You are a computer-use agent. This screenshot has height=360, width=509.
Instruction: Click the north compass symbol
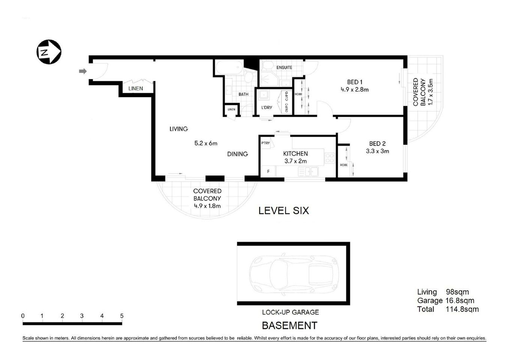coord(48,52)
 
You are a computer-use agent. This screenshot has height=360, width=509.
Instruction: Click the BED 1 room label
coord(355,82)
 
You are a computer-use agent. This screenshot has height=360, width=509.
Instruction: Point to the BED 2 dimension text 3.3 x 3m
coord(377,151)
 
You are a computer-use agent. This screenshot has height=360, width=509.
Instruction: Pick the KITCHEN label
coord(295,154)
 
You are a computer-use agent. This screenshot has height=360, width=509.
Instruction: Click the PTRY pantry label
coord(265,143)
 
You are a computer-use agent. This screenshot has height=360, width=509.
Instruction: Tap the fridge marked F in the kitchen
coord(268,172)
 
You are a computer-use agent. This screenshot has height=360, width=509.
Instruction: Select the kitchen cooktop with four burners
coord(329,158)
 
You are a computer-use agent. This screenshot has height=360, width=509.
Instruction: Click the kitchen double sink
coord(308,172)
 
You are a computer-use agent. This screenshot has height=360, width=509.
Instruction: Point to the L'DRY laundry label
coord(266,108)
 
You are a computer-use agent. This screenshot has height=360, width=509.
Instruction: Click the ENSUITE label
coord(284,67)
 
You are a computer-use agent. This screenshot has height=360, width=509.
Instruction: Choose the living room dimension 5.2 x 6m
coord(206,143)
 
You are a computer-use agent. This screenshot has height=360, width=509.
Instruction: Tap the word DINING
coord(237,154)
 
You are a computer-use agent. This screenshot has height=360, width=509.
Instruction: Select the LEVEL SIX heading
coord(284,211)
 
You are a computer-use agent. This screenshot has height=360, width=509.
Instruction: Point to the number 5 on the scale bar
coord(121,316)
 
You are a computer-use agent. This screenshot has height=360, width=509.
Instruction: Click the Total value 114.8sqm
coord(462,309)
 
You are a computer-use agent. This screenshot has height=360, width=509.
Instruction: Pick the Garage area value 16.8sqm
coord(460,301)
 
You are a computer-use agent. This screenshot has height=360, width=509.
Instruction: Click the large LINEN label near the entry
coord(135,89)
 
